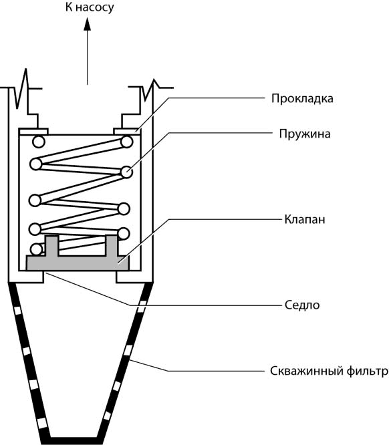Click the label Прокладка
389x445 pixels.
302,98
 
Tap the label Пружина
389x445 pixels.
305,134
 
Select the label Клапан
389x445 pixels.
305,219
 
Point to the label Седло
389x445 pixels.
302,305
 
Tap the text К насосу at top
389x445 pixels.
90,7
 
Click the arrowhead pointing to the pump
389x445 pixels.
87,23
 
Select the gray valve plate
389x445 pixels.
78,263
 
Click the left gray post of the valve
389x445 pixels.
52,246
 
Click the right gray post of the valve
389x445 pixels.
112,246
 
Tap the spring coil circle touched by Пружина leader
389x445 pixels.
126,172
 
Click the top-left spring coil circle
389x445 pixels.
39,142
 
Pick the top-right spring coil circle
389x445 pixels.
126,142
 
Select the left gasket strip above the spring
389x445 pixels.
33,131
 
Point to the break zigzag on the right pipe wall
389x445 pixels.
150,89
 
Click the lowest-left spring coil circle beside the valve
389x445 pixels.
36,249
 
